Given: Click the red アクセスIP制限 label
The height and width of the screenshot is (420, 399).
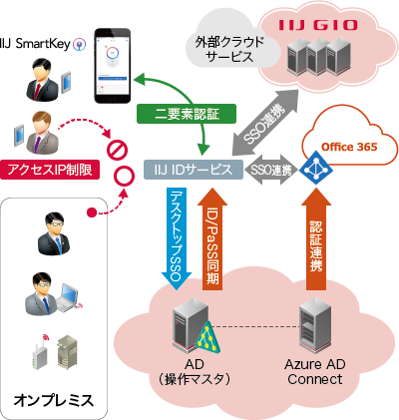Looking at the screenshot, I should click(50, 170).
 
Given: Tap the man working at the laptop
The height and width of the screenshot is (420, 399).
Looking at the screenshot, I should click(53, 293).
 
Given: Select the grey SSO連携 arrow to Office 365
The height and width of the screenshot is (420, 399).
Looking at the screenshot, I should click(269, 170).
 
